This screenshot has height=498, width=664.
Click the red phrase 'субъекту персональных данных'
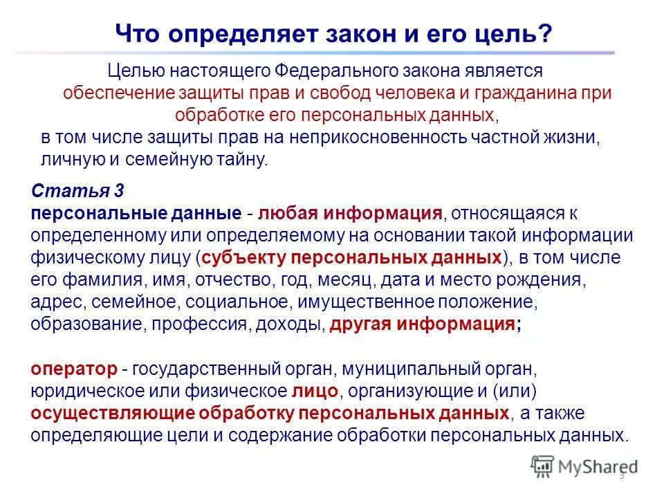click(x=351, y=258)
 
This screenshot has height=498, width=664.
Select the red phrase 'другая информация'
click(x=421, y=324)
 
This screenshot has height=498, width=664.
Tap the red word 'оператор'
click(x=71, y=368)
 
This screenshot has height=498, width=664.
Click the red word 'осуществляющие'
click(x=112, y=414)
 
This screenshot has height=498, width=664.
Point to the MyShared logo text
click(x=595, y=467)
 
